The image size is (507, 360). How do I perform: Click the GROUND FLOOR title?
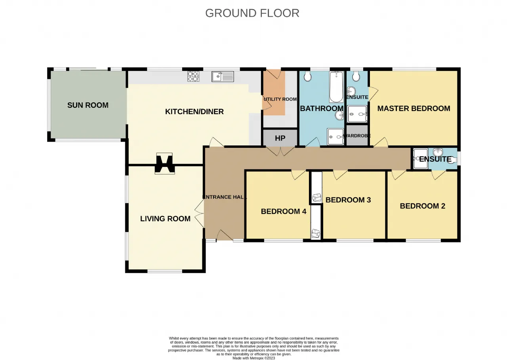point(252,13)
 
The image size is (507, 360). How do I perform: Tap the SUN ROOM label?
point(88,105)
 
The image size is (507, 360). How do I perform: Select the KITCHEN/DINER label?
point(194,111)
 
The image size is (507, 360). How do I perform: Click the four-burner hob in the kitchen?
point(193,77)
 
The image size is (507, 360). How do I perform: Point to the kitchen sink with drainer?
point(223,77)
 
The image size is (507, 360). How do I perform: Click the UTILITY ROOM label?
point(280,99)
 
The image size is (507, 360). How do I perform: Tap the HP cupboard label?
point(280,138)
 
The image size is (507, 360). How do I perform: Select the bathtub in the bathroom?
point(336,87)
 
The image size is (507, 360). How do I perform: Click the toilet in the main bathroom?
point(308,76)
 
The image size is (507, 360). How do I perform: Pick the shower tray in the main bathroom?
point(335,137)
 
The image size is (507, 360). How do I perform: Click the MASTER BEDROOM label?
point(414,109)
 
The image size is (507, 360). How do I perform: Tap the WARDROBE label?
point(357,136)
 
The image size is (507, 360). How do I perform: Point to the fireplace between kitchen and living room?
point(164,163)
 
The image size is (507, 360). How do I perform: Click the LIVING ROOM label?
point(165,218)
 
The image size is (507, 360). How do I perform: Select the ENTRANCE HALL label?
point(224,197)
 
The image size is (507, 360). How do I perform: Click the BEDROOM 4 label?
point(284,211)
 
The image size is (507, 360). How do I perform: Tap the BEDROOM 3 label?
point(348,200)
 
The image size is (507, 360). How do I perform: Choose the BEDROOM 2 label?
point(423,206)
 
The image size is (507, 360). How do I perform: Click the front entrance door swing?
point(225,236)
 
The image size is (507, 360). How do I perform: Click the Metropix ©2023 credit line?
point(254,358)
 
